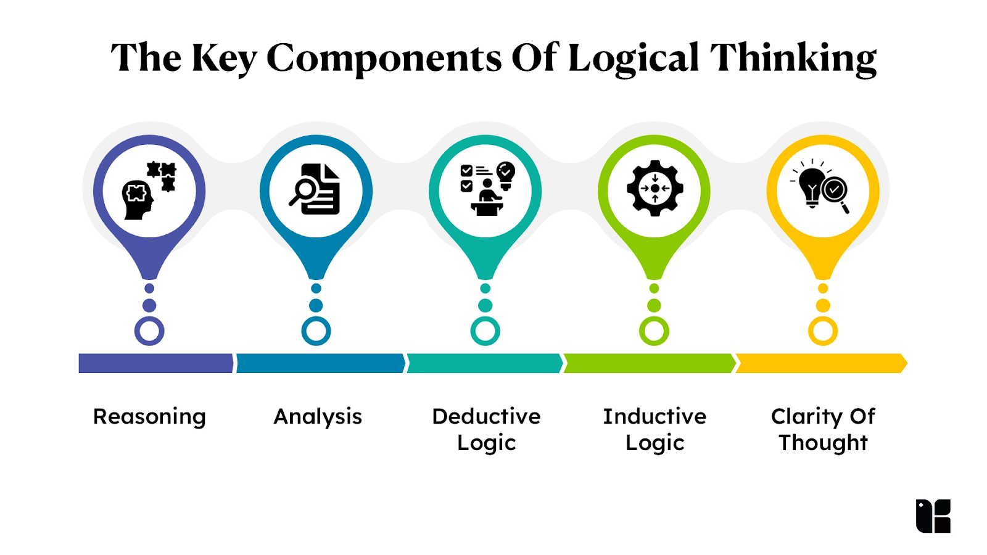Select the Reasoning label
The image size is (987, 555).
149,417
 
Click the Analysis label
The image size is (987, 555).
318,417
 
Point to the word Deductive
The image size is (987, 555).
486,416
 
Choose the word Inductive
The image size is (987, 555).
655,416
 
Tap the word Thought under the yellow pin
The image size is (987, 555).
823,443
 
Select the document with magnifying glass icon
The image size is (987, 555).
315,189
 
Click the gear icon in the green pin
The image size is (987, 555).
655,189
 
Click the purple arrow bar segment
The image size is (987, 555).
156,363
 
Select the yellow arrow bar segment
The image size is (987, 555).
821,363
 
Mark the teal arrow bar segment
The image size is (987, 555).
485,363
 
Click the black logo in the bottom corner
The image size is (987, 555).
933,516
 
